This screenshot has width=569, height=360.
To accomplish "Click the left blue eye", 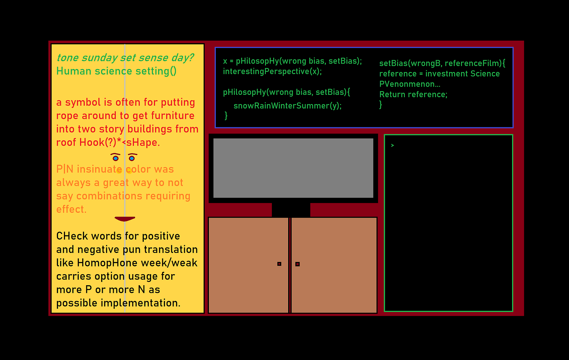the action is point(115,158).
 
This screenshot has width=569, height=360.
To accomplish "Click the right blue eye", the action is point(132,158).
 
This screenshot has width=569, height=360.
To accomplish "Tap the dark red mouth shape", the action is point(125,219).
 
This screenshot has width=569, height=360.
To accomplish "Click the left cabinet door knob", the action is point(279,264).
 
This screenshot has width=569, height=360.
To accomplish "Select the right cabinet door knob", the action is point(298,264).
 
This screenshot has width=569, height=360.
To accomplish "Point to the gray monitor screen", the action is point(293,168).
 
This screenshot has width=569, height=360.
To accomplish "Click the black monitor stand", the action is point(291,210).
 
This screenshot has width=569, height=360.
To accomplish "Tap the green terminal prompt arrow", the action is point(393,146).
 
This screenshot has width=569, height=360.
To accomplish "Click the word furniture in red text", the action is point(173,116).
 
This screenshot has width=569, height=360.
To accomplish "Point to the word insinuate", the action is point(100,169).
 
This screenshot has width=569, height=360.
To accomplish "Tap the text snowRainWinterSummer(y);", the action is point(288,106).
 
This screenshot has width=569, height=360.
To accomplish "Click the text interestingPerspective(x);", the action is point(272,72).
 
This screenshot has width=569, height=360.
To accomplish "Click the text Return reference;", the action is point(413,94).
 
